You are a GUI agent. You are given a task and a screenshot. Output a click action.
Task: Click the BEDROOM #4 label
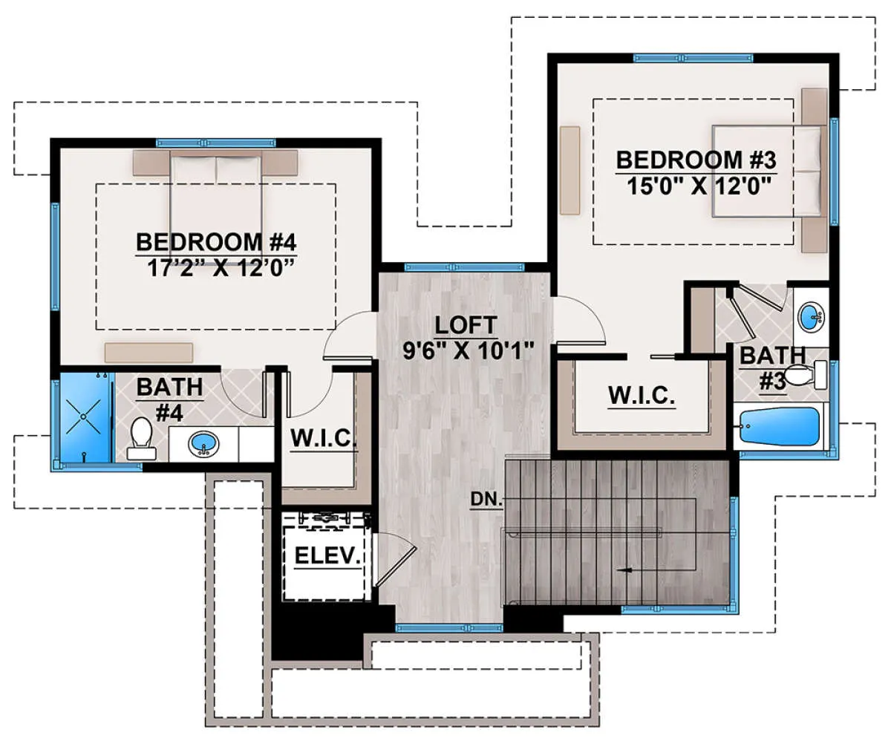pos(216,242)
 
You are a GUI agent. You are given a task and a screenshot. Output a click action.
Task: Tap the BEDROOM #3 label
pos(696,160)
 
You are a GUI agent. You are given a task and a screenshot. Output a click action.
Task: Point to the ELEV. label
pos(327,556)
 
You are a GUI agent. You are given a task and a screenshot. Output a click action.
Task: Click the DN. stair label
pos(486,499)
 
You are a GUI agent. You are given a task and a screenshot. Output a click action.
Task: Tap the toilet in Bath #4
pos(142,438)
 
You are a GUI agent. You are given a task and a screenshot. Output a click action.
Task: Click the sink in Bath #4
pos(203,443)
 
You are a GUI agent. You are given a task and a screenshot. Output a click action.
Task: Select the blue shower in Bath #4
pos(85,417)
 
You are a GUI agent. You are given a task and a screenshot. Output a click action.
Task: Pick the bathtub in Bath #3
pos(779,426)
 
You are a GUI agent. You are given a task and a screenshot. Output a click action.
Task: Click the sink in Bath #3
pos(812,317)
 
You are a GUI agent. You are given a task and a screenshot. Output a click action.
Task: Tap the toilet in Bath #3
pos(805,375)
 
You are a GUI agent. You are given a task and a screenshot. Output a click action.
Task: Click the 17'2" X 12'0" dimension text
pos(221,269)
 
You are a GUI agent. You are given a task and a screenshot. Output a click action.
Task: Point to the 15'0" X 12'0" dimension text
pos(699,186)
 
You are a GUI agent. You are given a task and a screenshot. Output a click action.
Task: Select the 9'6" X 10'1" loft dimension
pos(469,351)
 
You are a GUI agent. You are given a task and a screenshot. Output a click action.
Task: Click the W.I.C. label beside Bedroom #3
pos(642,395)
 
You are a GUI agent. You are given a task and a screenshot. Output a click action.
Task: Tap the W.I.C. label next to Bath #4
pos(324,438)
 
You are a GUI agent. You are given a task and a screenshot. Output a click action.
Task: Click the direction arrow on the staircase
pos(625,569)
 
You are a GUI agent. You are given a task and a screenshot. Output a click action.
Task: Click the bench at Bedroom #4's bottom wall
pos(148,353)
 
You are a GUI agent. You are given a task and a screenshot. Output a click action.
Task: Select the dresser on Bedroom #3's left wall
pos(569,170)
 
